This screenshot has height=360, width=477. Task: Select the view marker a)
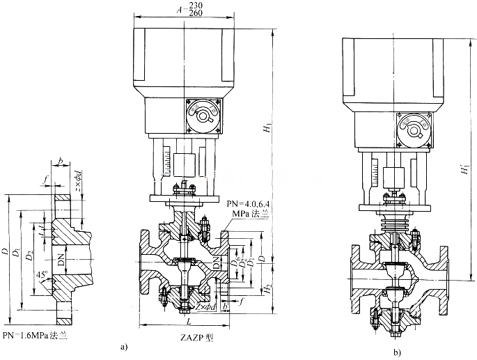click(124, 345)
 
